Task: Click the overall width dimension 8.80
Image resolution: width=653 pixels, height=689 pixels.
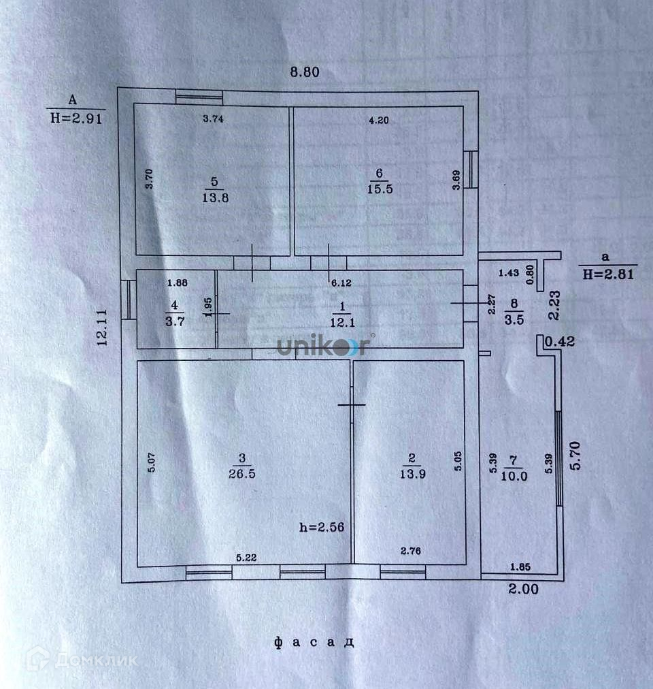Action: [x=305, y=71]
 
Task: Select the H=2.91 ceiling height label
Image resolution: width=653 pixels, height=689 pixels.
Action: [x=77, y=117]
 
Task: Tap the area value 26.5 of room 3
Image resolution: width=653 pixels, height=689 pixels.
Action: [x=241, y=473]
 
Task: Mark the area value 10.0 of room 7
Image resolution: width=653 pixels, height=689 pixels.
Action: [x=514, y=477]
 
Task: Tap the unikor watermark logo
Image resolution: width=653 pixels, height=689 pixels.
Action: [x=324, y=347]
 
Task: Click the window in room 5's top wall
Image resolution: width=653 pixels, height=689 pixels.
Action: [x=194, y=97]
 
